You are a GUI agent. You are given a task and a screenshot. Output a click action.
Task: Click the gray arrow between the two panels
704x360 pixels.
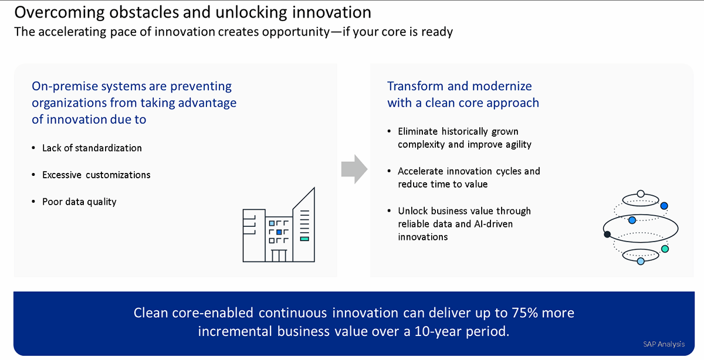(354, 169)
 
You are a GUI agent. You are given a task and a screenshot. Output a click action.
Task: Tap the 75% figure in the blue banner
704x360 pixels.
(525, 313)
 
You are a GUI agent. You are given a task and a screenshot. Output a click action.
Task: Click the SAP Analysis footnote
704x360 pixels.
(664, 344)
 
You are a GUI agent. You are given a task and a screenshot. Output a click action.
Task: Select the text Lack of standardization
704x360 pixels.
(92, 148)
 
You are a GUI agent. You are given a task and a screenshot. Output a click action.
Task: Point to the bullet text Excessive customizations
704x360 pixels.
(96, 175)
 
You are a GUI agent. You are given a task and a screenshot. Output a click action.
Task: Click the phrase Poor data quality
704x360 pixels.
(79, 202)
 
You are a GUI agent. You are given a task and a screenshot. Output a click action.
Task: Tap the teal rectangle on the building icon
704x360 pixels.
(304, 239)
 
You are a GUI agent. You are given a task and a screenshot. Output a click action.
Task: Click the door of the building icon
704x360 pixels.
(279, 256)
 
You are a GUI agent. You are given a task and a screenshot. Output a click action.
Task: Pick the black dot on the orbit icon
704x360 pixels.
(607, 235)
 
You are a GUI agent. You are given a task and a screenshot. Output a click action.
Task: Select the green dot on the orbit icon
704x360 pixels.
(665, 249)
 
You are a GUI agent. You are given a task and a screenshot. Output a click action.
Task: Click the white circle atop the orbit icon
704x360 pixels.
(641, 194)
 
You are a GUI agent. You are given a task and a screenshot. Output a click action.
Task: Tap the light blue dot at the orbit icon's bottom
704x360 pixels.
(641, 261)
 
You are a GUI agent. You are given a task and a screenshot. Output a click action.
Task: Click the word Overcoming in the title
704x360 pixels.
(59, 12)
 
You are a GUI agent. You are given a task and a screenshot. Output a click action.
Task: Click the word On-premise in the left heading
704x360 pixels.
(65, 86)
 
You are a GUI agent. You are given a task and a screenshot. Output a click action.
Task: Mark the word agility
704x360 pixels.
(519, 144)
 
